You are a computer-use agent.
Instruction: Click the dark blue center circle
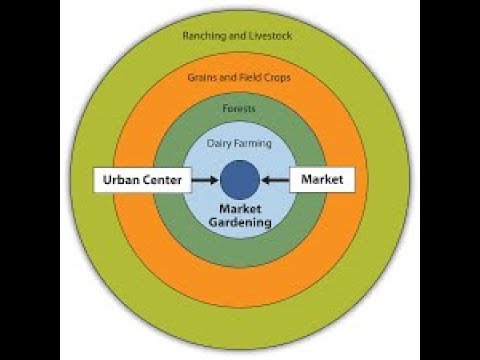click(240, 181)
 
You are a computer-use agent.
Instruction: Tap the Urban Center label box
click(139, 181)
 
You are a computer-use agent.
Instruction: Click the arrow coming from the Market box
click(276, 181)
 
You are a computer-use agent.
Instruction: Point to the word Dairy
click(221, 144)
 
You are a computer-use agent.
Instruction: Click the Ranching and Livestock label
click(240, 37)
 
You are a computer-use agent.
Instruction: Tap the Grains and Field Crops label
click(240, 76)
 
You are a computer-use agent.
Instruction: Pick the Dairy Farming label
click(240, 144)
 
